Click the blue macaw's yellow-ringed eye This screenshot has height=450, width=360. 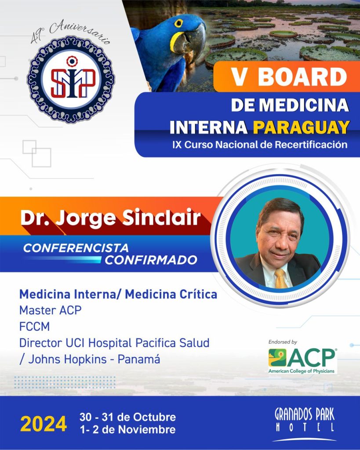[178, 23]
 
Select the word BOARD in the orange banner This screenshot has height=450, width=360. [302, 77]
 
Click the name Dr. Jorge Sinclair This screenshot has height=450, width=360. [110, 218]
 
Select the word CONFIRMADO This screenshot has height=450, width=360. [151, 260]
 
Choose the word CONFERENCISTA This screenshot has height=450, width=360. [76, 248]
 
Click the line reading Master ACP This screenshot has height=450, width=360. [50, 310]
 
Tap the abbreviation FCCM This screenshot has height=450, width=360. [34, 327]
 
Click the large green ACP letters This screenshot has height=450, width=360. [312, 358]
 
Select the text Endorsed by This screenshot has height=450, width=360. [283, 342]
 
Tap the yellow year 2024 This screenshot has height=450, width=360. [44, 424]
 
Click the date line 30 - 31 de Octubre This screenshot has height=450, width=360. [128, 417]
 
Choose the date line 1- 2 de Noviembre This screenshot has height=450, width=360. [128, 430]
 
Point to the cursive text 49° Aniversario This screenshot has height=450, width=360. [70, 32]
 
